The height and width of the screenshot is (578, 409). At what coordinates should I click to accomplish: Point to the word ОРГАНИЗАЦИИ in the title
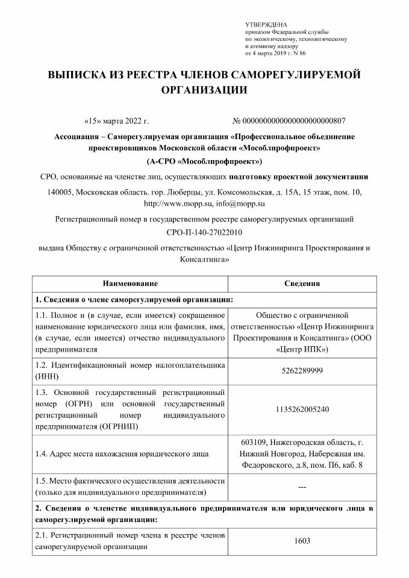coord(204,90)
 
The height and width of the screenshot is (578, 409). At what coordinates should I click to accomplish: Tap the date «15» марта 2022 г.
coord(117,120)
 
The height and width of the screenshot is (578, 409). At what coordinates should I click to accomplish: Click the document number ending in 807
coord(289,120)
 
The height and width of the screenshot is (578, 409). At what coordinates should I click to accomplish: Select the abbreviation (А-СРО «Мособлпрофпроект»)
coord(204,162)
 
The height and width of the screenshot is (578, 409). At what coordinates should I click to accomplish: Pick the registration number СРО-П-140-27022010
coord(204,232)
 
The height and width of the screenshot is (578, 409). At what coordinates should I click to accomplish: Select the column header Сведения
coord(302,283)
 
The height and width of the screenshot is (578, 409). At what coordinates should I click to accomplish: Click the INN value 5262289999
coord(302,371)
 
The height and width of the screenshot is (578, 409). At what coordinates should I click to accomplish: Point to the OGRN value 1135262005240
coord(302,409)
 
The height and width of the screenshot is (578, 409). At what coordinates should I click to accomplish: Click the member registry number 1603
coord(302,540)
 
